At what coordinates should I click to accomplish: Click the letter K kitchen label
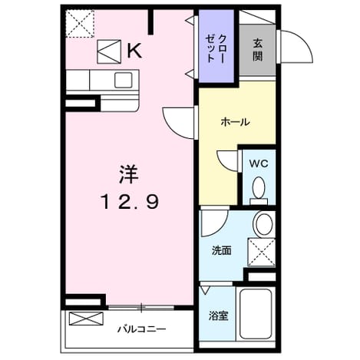(x=134, y=51)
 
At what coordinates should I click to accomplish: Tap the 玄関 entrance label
(x=258, y=50)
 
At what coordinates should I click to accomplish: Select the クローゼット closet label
(x=216, y=49)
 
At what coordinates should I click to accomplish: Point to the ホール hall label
(x=235, y=122)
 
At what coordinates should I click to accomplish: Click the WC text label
(x=259, y=163)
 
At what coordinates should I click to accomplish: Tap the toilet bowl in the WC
(x=259, y=190)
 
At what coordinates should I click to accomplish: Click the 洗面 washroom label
(x=221, y=250)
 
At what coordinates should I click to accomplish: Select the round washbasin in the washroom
(x=264, y=224)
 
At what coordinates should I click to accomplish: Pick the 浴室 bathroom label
(x=218, y=315)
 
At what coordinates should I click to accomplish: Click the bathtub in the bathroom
(x=256, y=314)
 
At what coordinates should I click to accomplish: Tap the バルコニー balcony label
(x=141, y=329)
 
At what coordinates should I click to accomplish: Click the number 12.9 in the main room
(x=130, y=202)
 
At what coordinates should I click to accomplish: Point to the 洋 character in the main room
(x=129, y=174)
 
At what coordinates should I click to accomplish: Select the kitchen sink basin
(x=124, y=80)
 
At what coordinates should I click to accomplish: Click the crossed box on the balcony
(x=86, y=319)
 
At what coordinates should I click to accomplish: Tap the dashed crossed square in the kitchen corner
(x=80, y=24)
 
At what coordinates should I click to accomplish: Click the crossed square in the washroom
(x=262, y=253)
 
